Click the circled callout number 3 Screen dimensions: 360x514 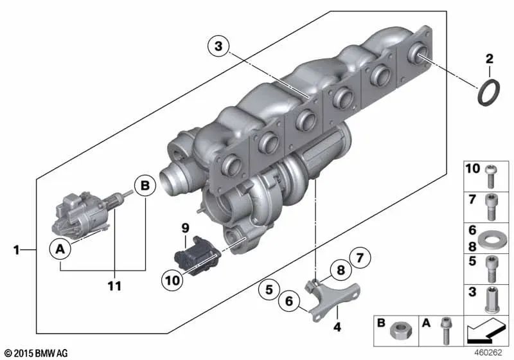218,46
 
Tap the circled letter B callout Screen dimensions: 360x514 145,186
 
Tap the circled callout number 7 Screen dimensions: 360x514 360,260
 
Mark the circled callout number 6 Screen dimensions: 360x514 288,300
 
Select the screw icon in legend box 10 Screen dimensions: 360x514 492,174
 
